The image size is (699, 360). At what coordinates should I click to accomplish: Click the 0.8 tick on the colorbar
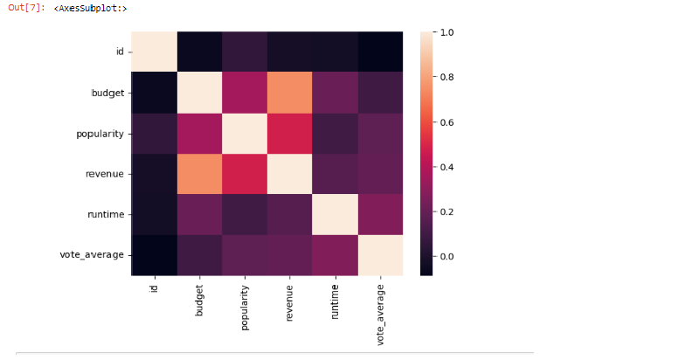(448, 77)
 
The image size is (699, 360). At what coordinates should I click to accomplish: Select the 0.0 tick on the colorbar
(448, 256)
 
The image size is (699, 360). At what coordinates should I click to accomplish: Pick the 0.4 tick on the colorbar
(448, 166)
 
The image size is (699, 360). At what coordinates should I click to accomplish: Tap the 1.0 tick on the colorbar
(448, 32)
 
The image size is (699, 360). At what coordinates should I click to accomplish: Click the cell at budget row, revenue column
(289, 93)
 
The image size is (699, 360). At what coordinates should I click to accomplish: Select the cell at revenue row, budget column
(200, 174)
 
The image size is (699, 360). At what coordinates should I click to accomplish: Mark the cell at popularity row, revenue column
(289, 133)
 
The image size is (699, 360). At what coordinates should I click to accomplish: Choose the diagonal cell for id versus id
(155, 52)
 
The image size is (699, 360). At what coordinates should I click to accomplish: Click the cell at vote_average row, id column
(155, 254)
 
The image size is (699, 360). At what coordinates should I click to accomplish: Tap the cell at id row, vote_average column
(380, 52)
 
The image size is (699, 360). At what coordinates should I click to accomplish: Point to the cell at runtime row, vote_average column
(380, 214)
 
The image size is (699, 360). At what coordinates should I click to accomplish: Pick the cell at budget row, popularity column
(245, 93)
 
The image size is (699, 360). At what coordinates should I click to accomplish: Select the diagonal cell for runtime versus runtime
(335, 214)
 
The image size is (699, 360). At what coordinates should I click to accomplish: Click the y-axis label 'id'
(121, 52)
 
